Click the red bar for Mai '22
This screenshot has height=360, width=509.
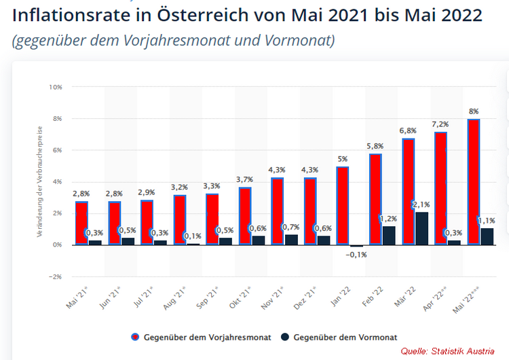pos(473,182)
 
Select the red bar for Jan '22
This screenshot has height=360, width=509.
pos(343,206)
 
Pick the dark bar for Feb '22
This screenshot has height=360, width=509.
pos(388,235)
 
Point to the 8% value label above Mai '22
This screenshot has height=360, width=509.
pos(473,111)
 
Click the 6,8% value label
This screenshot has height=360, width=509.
pos(408,130)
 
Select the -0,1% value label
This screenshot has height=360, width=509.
pos(356,254)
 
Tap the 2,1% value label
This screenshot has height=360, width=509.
pos(421,204)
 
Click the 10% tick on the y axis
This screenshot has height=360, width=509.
pos(55,87)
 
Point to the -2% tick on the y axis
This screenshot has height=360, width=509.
pos(55,276)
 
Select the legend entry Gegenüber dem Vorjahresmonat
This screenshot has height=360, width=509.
pos(200,337)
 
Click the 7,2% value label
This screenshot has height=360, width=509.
pos(440,124)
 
